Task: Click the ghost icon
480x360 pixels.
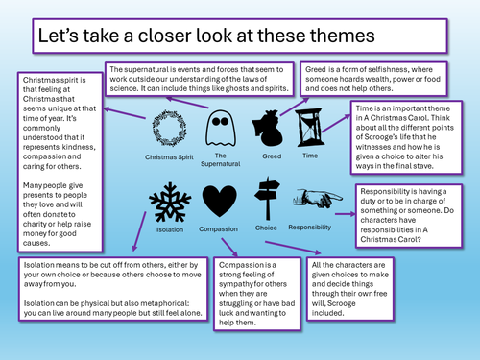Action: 221,128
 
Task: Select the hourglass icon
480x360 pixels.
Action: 309,128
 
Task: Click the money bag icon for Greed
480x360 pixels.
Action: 268,128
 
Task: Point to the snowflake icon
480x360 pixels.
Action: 170,203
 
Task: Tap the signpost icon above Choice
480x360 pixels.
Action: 267,199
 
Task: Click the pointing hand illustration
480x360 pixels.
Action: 318,198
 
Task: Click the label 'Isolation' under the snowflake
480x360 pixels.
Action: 170,229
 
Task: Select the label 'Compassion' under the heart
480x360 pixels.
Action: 218,229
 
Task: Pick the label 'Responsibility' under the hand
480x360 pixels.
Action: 309,228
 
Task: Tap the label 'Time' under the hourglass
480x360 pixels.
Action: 310,156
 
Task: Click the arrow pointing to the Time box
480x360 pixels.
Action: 336,123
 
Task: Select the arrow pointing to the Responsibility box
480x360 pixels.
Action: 346,214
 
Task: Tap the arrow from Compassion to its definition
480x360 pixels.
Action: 229,248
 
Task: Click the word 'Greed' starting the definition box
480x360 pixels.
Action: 315,69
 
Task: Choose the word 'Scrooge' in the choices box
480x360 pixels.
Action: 342,303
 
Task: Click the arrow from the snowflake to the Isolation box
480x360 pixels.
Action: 139,231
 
